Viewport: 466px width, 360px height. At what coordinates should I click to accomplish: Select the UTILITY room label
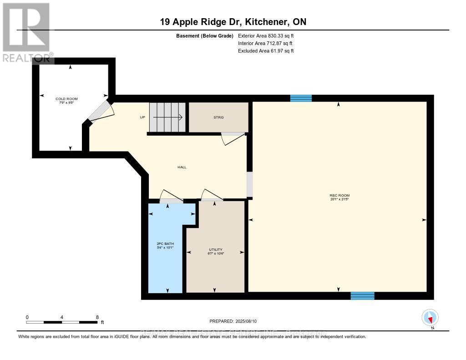[x=215, y=249]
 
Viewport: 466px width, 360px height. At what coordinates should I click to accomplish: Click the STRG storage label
[x=218, y=117]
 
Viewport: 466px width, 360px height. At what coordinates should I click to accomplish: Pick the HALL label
[x=182, y=167]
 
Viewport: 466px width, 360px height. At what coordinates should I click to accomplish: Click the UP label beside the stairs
[x=142, y=117]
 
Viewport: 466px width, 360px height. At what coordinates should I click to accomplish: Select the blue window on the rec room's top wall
[x=301, y=98]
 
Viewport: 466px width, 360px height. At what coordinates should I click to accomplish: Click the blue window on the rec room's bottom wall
[x=362, y=296]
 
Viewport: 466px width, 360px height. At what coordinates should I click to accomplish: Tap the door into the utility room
[x=212, y=195]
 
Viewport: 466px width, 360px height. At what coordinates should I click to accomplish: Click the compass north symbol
[x=430, y=318]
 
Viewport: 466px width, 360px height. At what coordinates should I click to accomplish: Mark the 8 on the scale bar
[x=97, y=317]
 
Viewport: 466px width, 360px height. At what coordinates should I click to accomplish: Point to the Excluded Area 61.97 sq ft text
[x=266, y=51]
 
